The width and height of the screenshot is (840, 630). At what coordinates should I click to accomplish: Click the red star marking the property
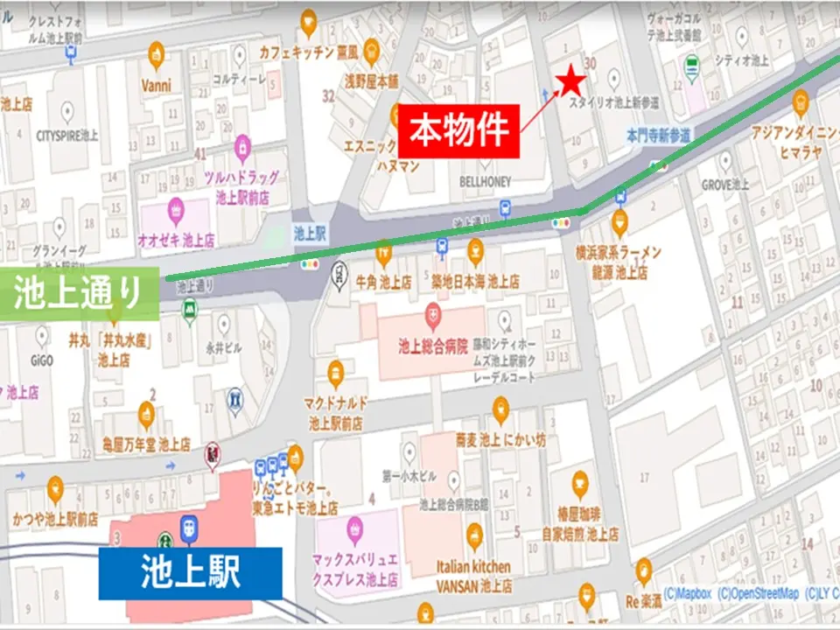[572, 81]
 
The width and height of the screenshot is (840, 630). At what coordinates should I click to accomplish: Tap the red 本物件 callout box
[459, 130]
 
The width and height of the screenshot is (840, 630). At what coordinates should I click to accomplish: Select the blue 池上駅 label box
[190, 573]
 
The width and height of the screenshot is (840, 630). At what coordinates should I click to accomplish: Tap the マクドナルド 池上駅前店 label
[336, 412]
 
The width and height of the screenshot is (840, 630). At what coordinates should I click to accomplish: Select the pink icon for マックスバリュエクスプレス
[354, 527]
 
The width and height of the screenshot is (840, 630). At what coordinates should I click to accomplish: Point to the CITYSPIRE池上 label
[67, 136]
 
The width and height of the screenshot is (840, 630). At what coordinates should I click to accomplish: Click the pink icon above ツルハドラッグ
[242, 145]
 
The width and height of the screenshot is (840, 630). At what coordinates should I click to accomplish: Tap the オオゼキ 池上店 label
[177, 239]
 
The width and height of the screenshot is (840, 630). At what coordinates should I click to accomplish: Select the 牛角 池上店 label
[383, 282]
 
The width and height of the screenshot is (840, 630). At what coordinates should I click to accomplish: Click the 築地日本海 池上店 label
[475, 282]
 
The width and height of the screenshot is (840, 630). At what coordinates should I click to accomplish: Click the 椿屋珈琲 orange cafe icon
[579, 482]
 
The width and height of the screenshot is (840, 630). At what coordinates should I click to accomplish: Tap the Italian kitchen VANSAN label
[474, 576]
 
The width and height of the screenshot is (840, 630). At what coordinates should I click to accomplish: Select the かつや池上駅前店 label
[55, 519]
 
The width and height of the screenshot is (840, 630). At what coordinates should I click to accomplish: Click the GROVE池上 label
[725, 185]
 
